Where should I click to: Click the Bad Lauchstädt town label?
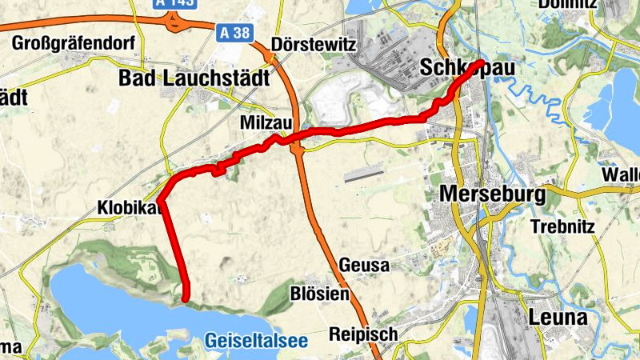(x=194, y=78)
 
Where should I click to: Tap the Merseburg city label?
(x=492, y=194)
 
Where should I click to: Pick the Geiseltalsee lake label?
(x=256, y=341)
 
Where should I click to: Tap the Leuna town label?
(x=558, y=318)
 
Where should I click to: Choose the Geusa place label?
(x=364, y=265)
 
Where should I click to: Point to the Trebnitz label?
(x=563, y=226)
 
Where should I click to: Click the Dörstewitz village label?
(x=313, y=44)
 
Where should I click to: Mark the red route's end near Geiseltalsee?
(x=186, y=298)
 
